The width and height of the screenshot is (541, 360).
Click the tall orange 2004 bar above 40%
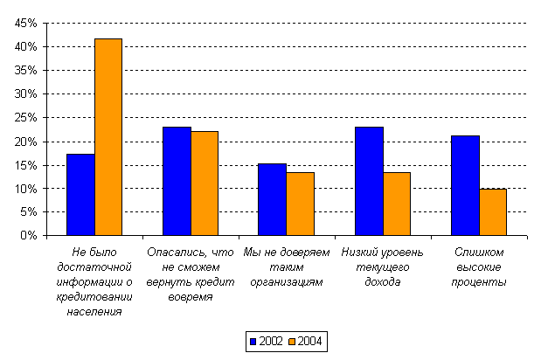point(108,137)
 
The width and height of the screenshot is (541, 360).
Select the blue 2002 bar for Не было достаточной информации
point(80,195)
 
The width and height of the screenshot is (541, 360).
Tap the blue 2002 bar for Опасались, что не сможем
point(177,181)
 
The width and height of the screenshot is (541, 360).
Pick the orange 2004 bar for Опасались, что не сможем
point(205,183)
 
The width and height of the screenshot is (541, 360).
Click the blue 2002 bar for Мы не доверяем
point(272,199)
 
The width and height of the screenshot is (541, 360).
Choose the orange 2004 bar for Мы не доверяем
point(300,204)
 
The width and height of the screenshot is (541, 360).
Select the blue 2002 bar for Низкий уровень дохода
point(369,181)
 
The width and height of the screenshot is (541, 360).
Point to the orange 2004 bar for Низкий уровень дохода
point(397,204)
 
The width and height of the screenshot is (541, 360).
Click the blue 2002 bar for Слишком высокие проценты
point(466,185)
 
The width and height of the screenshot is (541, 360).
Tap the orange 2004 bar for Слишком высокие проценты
point(493,212)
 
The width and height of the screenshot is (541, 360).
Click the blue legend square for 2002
point(253,342)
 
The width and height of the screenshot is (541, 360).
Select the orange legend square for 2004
point(292,342)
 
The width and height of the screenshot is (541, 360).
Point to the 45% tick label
point(25,23)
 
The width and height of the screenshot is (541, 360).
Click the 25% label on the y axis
point(25,118)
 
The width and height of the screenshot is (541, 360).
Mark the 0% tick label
point(29,235)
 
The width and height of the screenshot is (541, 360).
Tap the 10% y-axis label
point(25,189)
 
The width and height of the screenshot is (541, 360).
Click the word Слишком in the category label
point(479,253)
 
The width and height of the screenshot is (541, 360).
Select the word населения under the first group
point(94,312)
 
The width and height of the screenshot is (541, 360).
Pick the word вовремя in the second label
point(191,297)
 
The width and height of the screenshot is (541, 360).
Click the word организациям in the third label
point(287,282)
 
